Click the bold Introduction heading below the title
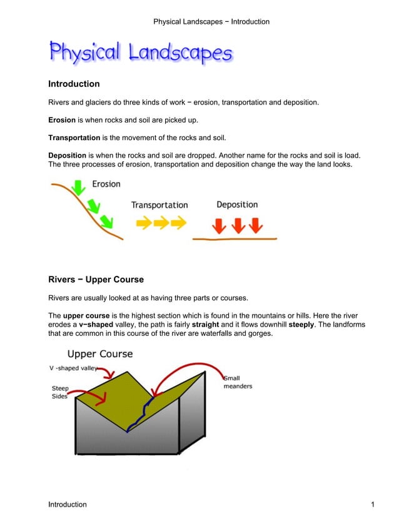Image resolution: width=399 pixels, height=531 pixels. coord(74,84)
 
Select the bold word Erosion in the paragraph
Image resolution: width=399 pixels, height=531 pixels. coord(62,119)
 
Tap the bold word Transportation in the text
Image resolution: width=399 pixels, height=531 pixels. coord(74,138)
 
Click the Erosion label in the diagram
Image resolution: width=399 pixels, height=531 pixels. coord(106,184)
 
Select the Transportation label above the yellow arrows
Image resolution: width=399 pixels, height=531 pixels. coord(159,205)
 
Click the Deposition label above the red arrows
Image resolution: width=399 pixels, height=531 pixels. coord(237,205)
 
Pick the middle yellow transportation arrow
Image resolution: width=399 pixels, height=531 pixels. coord(161,223)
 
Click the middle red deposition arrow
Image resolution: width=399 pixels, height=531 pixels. coord(238,225)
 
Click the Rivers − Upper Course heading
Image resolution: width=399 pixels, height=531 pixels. coord(96,279)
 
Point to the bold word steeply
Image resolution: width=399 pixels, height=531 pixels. coord(301,325)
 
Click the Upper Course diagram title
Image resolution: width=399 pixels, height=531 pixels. coord(100,354)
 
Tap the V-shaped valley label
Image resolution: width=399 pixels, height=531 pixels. coord(73,368)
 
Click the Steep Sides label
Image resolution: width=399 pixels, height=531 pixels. coord(60,392)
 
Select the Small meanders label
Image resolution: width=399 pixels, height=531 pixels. coord(238,382)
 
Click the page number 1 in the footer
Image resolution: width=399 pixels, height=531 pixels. coord(372,505)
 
